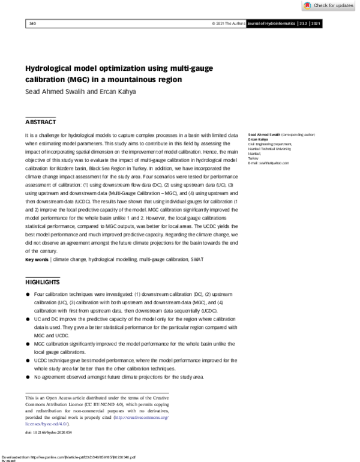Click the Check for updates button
click(328, 5)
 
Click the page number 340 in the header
click(32, 23)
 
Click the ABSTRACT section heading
click(40, 122)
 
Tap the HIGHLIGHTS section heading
click(43, 282)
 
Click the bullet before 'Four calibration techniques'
click(28, 295)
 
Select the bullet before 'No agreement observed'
click(28, 376)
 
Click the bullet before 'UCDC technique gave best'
click(28, 360)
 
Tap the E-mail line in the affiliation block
click(268, 163)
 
